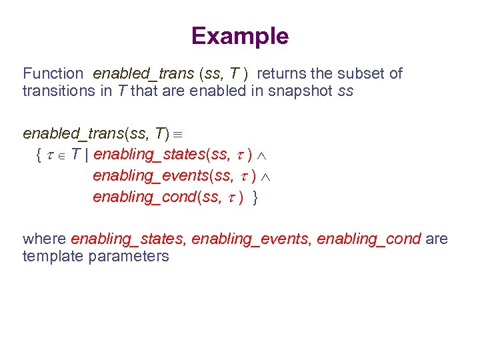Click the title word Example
[x=240, y=36]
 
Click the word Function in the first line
[x=53, y=73]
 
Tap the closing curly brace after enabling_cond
[x=256, y=197]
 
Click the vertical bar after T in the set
[x=87, y=155]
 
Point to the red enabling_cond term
[x=369, y=239]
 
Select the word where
[x=44, y=239]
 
